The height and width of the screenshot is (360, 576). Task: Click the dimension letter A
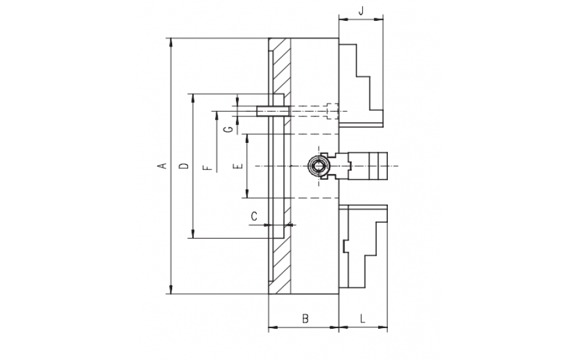tap(164, 166)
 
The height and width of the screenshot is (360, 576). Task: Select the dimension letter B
tap(305, 318)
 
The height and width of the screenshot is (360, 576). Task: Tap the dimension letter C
tap(254, 216)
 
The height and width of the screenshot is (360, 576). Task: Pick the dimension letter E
tap(238, 166)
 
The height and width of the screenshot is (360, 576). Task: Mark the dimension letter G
tap(229, 129)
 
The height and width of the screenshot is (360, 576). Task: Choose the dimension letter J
tap(361, 10)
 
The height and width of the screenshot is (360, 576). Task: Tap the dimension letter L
tap(363, 318)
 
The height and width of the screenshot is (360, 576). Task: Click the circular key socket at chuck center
tap(317, 166)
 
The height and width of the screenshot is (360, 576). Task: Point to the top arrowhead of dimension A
tap(170, 42)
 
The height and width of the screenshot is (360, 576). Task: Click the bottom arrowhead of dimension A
tap(170, 289)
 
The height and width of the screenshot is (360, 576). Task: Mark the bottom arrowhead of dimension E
tap(248, 193)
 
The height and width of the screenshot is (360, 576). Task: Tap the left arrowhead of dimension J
tap(343, 20)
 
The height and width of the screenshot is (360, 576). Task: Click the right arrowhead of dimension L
tap(383, 326)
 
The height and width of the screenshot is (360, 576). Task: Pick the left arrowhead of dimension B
tap(273, 326)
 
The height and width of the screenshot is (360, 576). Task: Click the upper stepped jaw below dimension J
tap(361, 85)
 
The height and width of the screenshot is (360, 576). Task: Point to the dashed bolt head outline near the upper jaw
tap(332, 111)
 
